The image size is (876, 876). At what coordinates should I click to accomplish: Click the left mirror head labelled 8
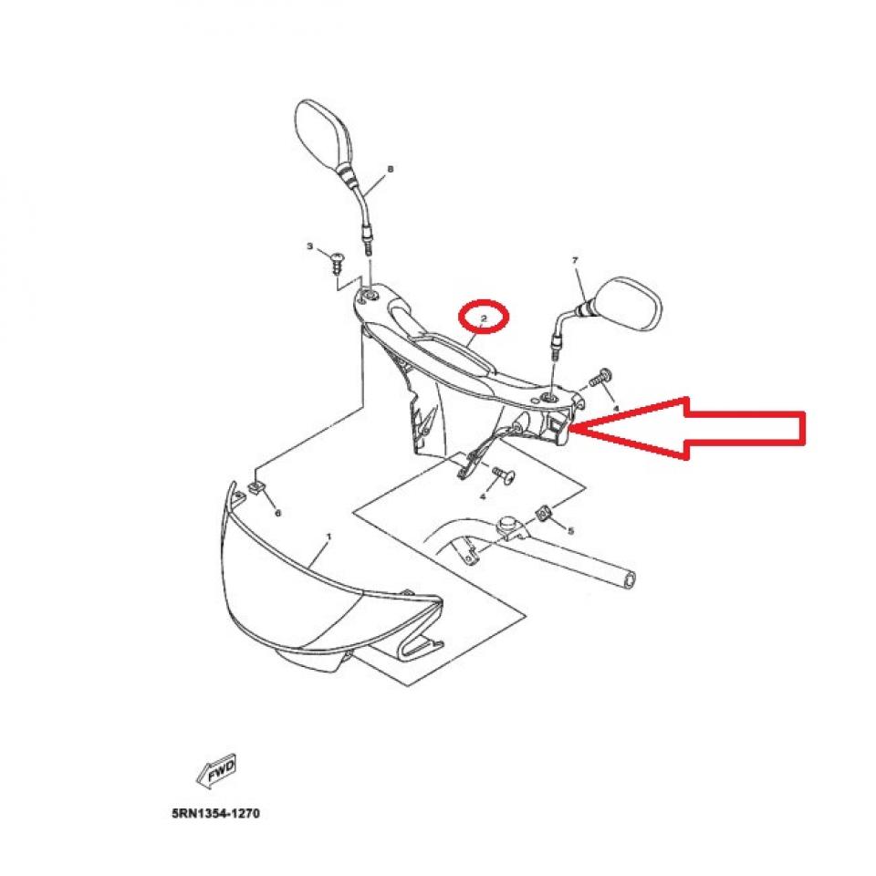click(322, 132)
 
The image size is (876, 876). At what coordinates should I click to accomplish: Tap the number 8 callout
click(391, 170)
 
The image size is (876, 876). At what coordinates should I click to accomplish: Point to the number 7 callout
click(575, 261)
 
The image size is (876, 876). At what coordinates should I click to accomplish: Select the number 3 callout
click(309, 247)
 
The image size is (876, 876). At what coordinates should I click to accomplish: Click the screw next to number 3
click(335, 262)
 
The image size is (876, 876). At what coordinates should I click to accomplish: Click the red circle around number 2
click(485, 318)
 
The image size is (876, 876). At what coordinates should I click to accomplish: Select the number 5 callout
click(571, 530)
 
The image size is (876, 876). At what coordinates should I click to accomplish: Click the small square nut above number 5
click(544, 515)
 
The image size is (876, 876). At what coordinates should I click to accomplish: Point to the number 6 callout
click(278, 513)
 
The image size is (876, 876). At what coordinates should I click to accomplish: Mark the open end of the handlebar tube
click(629, 579)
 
